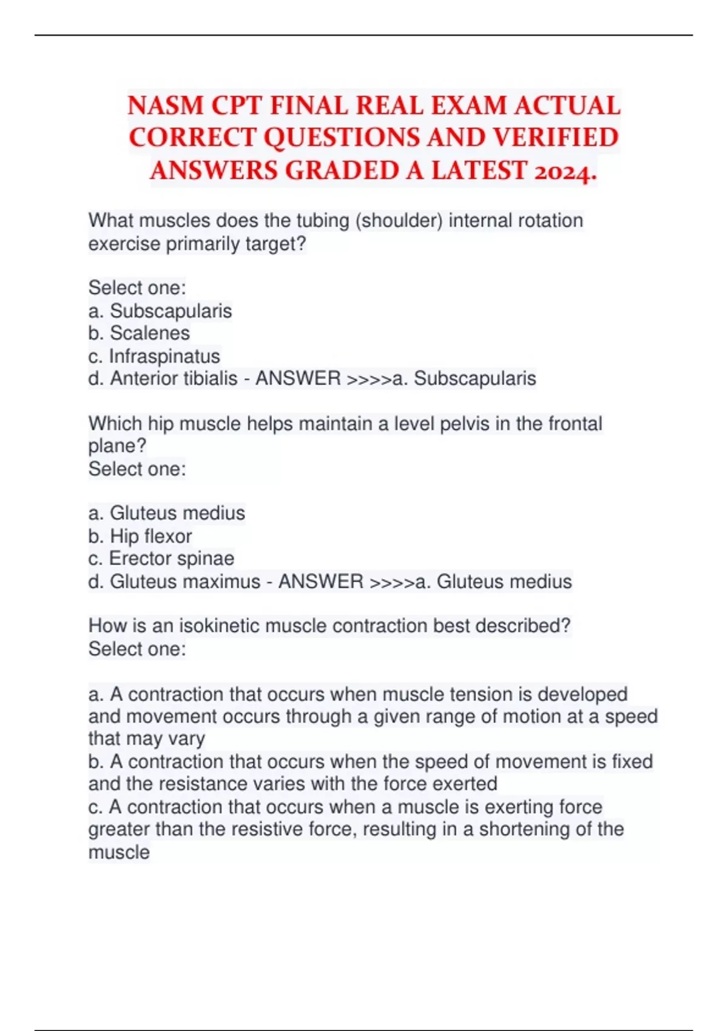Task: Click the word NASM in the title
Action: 165,106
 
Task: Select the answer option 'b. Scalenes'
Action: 139,333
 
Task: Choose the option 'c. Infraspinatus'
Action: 154,356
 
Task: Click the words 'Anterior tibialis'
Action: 174,378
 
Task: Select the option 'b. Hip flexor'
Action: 140,536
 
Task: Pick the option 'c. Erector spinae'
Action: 161,559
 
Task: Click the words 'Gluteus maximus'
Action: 184,582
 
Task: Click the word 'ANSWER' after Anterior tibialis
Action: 298,378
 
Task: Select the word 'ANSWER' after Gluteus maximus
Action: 320,582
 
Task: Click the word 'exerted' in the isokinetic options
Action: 465,784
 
